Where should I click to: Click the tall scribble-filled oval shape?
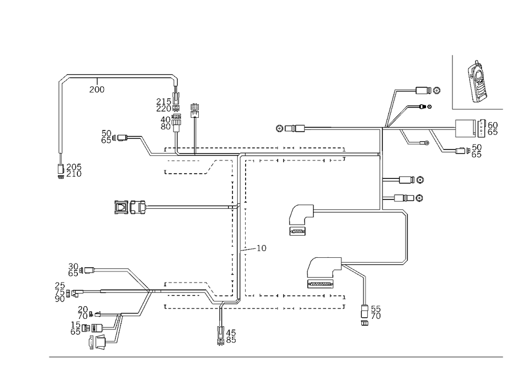coord(478,81)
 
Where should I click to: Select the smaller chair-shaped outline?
coord(298,218)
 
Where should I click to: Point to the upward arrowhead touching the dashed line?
coord(221,304)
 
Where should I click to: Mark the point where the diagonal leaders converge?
coord(386,127)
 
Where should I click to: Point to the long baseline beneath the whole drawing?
coord(276,356)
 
